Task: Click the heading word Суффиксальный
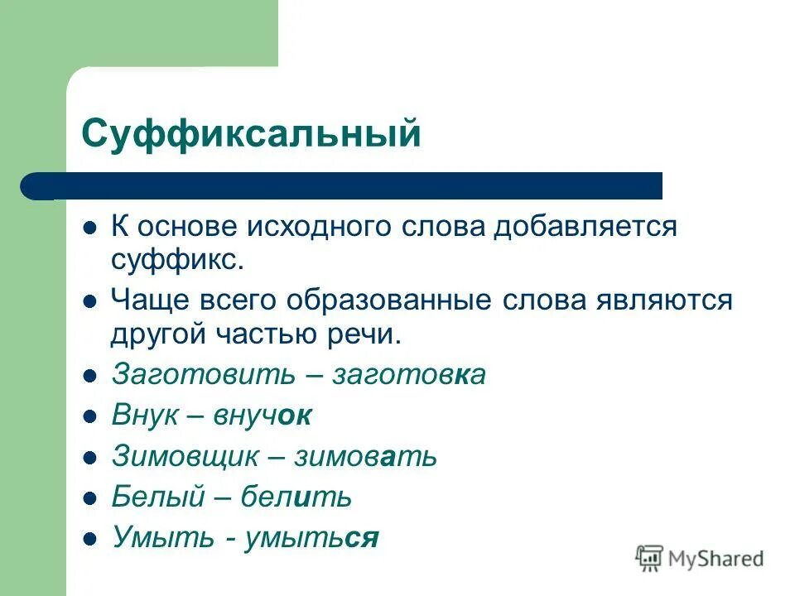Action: click(x=251, y=132)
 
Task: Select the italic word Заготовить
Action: click(x=203, y=375)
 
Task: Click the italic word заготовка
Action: click(x=409, y=375)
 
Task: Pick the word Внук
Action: click(x=145, y=416)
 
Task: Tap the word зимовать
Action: click(x=369, y=456)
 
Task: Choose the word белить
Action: click(x=296, y=497)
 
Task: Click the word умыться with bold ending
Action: click(x=311, y=539)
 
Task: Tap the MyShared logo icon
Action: click(x=649, y=559)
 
